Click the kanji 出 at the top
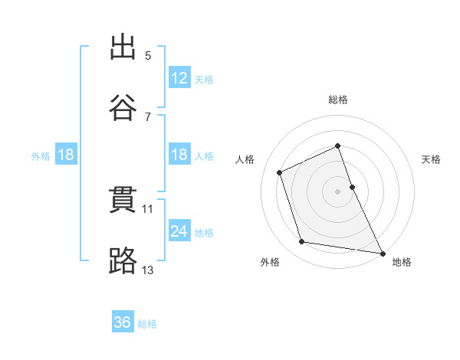123,47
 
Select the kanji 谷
123,107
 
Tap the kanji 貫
123,200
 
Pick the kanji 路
123,260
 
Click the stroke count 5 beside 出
148,56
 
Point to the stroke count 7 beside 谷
148,117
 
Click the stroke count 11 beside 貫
147,209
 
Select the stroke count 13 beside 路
147,270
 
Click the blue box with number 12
179,77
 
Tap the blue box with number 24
179,230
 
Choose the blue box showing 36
123,321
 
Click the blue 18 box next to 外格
66,154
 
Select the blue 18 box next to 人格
179,154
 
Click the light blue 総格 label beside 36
147,324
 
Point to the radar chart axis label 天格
431,160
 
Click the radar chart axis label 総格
338,100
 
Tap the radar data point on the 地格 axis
383,254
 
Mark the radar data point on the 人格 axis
279,172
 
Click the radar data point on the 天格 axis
353,187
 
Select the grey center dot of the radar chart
337,191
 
